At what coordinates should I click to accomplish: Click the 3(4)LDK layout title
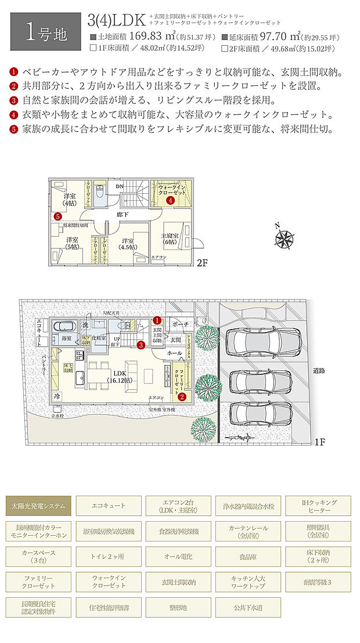click(117, 21)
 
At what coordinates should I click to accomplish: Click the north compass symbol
click(285, 237)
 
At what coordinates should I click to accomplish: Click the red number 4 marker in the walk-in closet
click(170, 200)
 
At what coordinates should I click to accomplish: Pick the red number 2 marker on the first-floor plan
click(182, 397)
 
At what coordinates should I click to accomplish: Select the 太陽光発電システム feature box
click(39, 506)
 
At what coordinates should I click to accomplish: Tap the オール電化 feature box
click(178, 557)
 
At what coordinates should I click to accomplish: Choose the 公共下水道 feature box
click(248, 607)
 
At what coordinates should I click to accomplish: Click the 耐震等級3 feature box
click(318, 581)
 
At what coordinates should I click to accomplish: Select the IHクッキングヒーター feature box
click(318, 506)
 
